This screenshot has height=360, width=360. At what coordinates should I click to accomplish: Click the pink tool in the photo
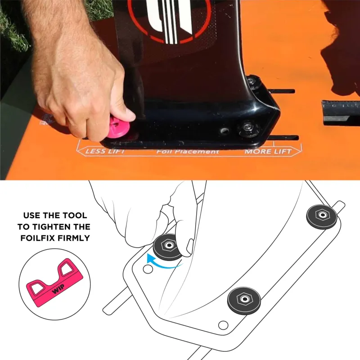pos(117,128)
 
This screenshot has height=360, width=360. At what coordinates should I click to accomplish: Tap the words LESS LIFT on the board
pos(105,151)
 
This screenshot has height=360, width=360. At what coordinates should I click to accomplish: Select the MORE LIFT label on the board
pos(268,152)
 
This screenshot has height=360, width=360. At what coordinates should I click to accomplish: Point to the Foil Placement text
pos(188,152)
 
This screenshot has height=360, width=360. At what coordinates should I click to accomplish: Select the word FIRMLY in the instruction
pos(73,238)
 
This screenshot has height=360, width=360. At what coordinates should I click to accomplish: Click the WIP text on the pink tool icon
pos(58,288)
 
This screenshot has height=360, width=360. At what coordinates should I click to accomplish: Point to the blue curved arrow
pos(161,265)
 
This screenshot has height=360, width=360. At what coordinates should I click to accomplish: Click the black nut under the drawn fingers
pos(167,247)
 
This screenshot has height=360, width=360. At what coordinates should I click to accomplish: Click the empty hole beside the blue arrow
pos(148,269)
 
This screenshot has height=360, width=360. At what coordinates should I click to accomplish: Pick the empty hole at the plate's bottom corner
pos(223,325)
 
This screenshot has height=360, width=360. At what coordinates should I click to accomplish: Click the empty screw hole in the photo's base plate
pos(224,131)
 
